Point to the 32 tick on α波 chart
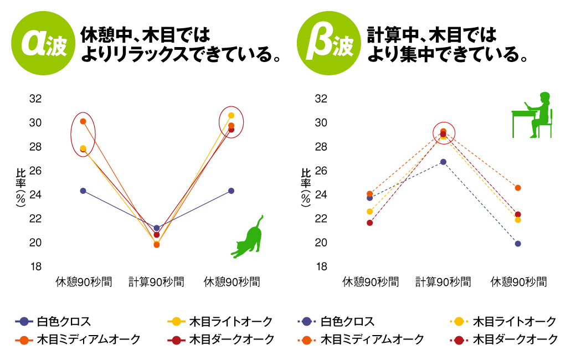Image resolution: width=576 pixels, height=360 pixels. tap(35, 99)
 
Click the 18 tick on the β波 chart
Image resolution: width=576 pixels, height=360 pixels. tap(321, 266)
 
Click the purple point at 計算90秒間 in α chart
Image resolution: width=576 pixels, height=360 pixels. tap(157, 228)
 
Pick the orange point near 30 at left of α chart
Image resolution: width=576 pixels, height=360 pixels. tap(83, 121)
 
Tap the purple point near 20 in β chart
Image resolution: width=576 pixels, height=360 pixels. tap(518, 244)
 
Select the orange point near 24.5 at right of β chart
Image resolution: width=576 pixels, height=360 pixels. tap(518, 188)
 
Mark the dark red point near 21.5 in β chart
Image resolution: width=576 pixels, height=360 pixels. tap(369, 223)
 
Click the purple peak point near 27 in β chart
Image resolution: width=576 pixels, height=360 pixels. tap(443, 162)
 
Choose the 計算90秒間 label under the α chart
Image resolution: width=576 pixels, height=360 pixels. tap(157, 282)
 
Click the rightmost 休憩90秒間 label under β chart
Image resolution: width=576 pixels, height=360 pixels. tap(518, 282)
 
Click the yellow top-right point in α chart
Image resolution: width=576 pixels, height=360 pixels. tap(232, 115)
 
